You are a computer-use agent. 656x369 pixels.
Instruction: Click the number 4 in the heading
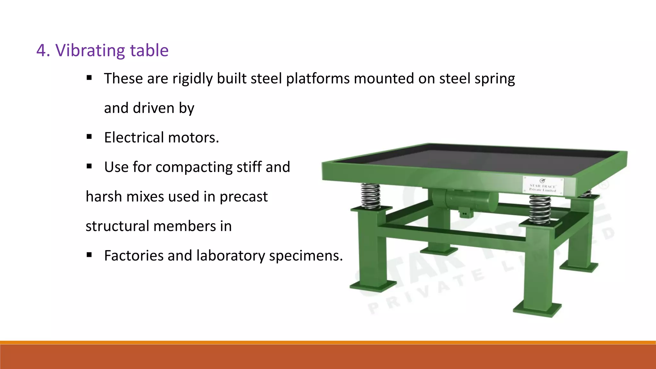click(x=41, y=51)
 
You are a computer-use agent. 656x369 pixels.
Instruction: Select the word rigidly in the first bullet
click(x=193, y=79)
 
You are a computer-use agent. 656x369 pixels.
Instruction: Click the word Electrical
click(x=134, y=137)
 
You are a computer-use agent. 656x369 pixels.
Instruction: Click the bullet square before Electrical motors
click(x=89, y=137)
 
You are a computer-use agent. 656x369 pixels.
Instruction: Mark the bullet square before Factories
click(x=89, y=255)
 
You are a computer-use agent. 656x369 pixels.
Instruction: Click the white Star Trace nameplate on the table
click(x=542, y=185)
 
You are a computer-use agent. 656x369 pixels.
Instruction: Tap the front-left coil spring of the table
click(x=371, y=196)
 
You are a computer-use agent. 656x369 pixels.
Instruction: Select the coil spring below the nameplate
click(x=540, y=209)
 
